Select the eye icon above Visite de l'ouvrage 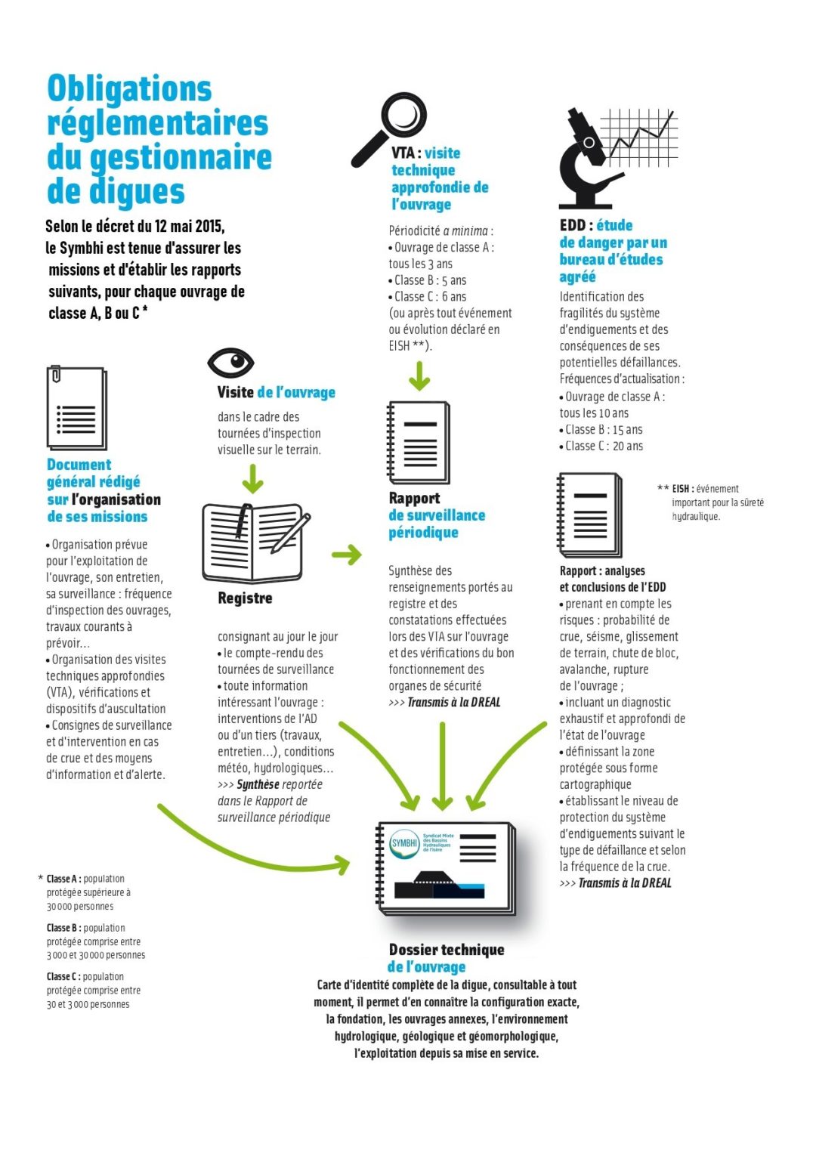coord(230,363)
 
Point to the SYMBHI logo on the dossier coord(404,843)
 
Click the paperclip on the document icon coord(55,375)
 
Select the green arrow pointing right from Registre coord(347,555)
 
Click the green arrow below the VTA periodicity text coord(419,376)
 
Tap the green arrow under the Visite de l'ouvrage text coord(252,478)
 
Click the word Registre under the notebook coord(245,598)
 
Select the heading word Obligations coord(129,89)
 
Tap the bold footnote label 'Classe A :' coord(63,879)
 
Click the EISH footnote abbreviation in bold coord(682,489)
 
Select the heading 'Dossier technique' coord(447,950)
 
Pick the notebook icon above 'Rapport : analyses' coord(590,515)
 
